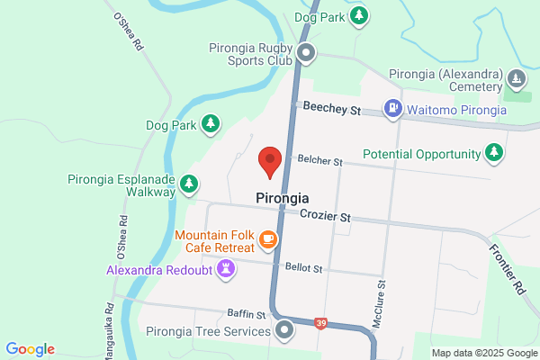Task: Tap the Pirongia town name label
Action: (283, 198)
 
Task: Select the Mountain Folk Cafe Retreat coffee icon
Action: (267, 239)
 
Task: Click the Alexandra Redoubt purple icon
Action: (226, 268)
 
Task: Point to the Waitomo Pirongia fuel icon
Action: (392, 109)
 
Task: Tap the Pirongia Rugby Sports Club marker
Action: (306, 53)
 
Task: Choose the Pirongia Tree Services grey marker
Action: (285, 330)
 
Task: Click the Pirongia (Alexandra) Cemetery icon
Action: (516, 79)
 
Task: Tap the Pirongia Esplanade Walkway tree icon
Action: (189, 184)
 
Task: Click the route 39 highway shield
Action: (320, 322)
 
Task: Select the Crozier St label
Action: (325, 218)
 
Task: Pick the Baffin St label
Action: (247, 315)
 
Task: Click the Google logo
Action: (30, 349)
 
